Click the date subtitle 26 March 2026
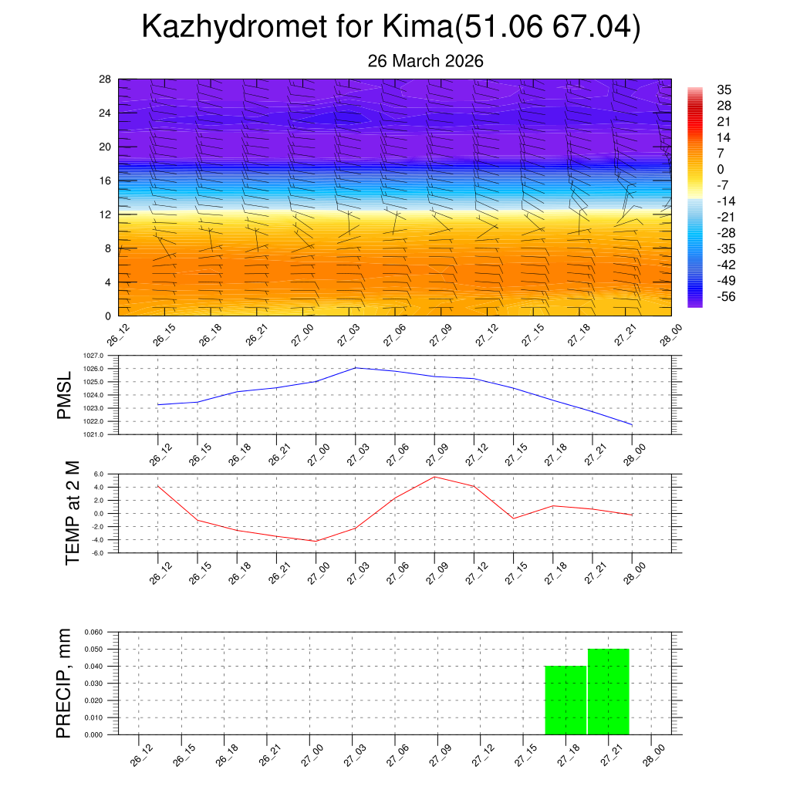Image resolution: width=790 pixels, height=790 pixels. tap(425, 61)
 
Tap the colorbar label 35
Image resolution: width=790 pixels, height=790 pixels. tap(724, 89)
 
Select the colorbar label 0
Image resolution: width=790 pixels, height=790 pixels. tap(721, 169)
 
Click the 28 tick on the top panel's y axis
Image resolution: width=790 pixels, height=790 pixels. tap(105, 79)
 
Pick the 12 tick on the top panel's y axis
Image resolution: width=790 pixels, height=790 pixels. tap(105, 214)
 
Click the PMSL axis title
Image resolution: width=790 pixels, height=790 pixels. tap(65, 395)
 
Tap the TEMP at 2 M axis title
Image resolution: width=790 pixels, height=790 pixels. tap(72, 512)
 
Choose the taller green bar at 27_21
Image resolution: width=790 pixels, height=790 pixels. tap(609, 691)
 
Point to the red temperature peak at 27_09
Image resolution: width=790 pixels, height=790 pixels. tap(434, 477)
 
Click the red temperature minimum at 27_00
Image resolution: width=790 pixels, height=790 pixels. tap(316, 541)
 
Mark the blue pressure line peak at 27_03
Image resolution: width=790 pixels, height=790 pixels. tap(355, 368)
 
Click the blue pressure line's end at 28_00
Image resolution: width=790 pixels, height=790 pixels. tap(632, 425)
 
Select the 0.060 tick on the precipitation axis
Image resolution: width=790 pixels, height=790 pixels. tap(93, 632)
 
